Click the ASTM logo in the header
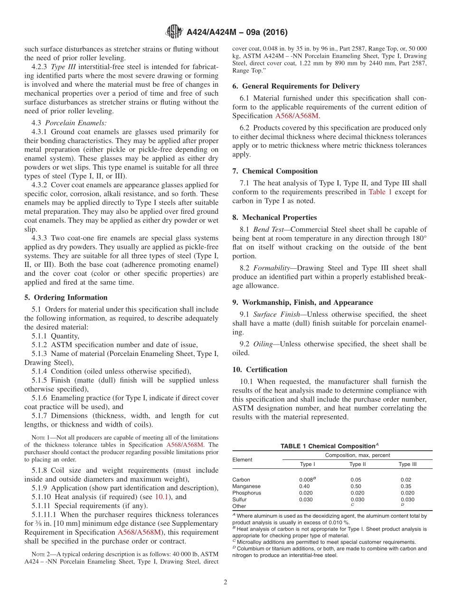pyautogui.click(x=174, y=32)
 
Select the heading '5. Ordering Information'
pyautogui.click(x=66, y=297)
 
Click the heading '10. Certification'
pyautogui.click(x=260, y=369)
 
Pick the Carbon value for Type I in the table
pyautogui.click(x=307, y=480)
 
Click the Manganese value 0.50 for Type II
pyautogui.click(x=356, y=486)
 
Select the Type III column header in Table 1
pyautogui.click(x=407, y=465)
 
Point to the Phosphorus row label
pyautogui.click(x=246, y=493)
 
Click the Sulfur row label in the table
pyautogui.click(x=239, y=500)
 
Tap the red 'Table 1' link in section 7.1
pyautogui.click(x=380, y=192)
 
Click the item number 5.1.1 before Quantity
pyautogui.click(x=40, y=336)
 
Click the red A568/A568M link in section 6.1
pyautogui.click(x=297, y=116)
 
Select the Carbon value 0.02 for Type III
pyautogui.click(x=406, y=480)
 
